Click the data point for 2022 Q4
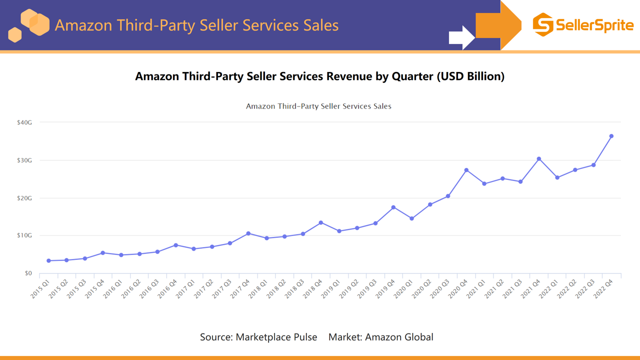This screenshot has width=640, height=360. (x=611, y=136)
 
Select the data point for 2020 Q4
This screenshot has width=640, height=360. (x=466, y=170)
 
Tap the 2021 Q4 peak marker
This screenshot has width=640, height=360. (x=539, y=159)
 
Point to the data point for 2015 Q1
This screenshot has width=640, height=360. (x=48, y=260)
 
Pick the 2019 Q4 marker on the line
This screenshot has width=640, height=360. (x=393, y=207)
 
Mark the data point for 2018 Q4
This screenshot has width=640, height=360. (x=321, y=222)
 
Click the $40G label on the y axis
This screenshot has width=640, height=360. (x=24, y=122)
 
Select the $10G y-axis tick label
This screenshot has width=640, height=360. (x=24, y=235)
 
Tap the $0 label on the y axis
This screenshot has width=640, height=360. (x=27, y=273)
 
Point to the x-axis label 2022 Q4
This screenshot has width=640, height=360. (x=603, y=288)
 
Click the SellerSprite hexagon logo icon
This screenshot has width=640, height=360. (x=543, y=24)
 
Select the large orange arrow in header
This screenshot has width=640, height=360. (x=498, y=25)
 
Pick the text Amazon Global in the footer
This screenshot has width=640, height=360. (x=399, y=337)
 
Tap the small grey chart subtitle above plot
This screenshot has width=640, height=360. (x=318, y=106)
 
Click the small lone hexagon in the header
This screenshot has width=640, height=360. (x=15, y=35)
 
